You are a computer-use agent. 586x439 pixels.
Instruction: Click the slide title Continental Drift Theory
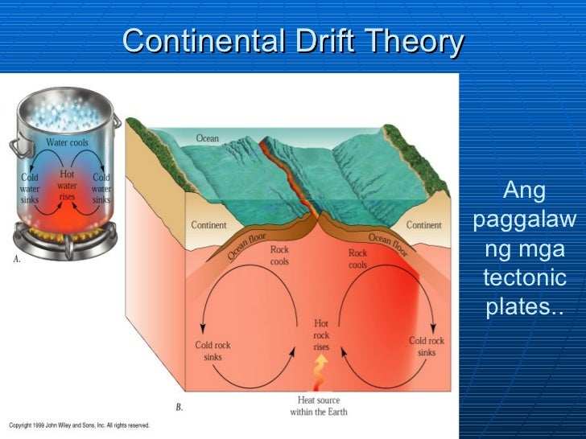(293, 41)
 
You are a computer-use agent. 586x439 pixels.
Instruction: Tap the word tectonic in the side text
(523, 279)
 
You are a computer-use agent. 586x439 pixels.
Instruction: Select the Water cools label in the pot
(67, 143)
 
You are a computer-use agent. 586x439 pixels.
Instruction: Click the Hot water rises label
(67, 185)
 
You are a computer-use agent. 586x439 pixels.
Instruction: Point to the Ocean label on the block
(207, 138)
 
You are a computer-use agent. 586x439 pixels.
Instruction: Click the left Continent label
(208, 225)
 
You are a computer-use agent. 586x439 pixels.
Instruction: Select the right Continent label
(423, 225)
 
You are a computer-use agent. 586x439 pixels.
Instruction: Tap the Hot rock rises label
(321, 335)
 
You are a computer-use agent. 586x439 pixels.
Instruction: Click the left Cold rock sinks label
(213, 351)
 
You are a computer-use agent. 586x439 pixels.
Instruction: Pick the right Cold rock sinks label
(427, 347)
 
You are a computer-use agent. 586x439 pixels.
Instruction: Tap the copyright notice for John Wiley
(79, 425)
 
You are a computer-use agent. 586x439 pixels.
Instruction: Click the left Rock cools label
(279, 256)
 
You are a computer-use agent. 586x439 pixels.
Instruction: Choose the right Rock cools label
(357, 259)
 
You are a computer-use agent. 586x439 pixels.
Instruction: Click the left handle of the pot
(15, 147)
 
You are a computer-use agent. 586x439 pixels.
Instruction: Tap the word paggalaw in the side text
(523, 219)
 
